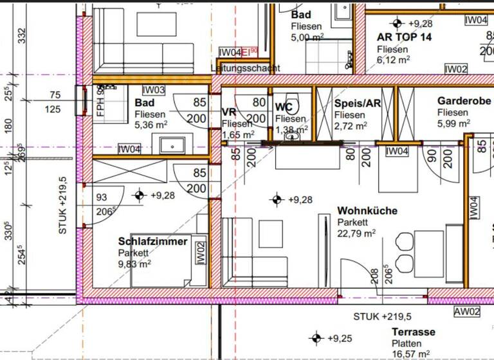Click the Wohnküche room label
point(367,211)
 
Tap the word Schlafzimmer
point(152,242)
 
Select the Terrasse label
point(414,332)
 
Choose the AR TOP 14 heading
point(404,37)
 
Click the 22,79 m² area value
point(356,233)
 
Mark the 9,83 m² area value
point(134,263)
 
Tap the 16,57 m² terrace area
point(411,354)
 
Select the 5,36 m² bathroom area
point(151,125)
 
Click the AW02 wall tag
point(467,312)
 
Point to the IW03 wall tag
point(154,91)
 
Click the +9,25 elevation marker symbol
point(316,338)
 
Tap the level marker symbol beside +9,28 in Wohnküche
point(277,199)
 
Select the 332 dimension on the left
point(23,35)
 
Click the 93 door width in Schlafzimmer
point(102,198)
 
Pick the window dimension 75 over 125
point(53,102)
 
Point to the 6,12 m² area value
point(393,60)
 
